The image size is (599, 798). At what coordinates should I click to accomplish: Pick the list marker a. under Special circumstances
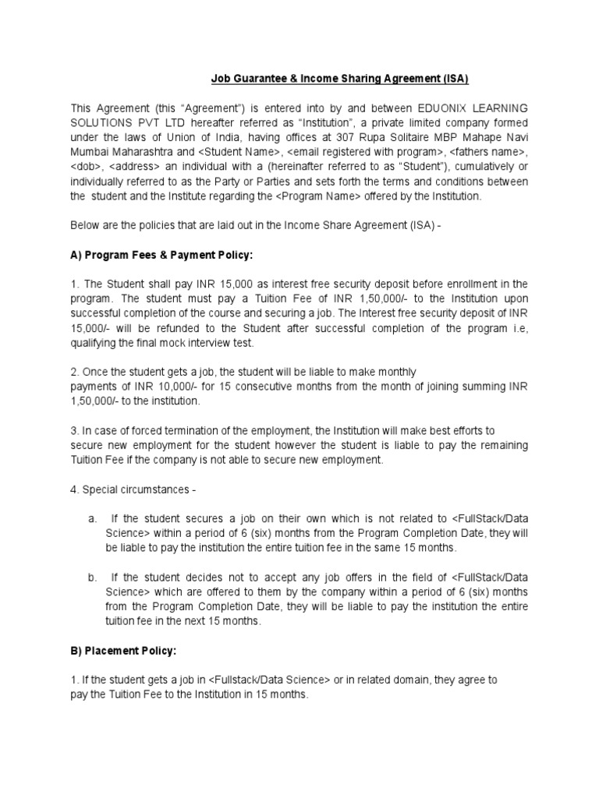pyautogui.click(x=92, y=517)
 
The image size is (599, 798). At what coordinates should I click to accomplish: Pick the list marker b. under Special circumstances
pyautogui.click(x=92, y=577)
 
